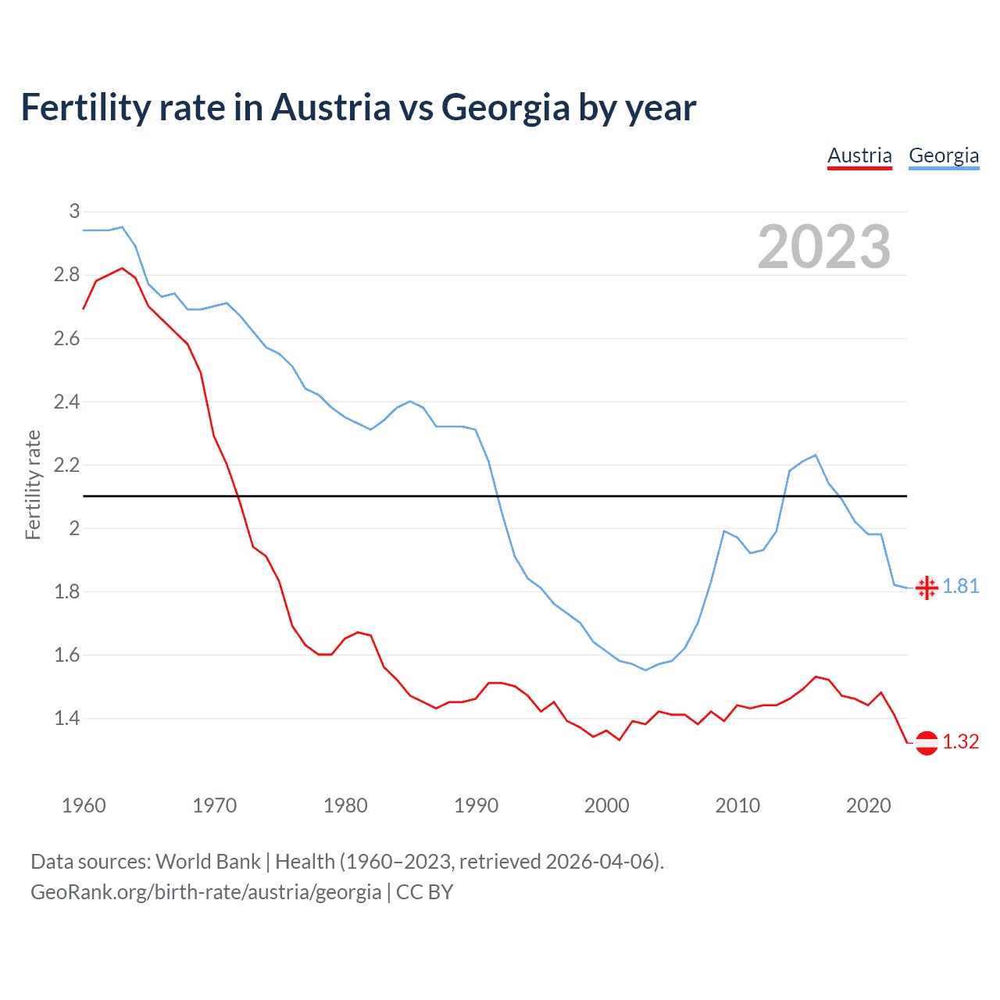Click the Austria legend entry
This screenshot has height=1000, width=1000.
coord(859,155)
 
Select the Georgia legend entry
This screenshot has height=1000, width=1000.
coord(944,155)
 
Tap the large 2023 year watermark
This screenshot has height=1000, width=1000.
coord(824,247)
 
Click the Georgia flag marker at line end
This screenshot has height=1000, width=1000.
coord(927,587)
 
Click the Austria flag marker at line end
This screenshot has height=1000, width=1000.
coord(927,742)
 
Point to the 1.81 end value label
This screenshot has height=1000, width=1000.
coord(961,587)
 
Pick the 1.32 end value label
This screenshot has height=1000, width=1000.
coord(961,742)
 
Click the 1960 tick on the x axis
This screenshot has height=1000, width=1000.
coord(84,805)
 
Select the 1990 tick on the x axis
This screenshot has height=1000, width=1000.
coord(476,805)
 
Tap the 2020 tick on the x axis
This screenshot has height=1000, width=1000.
coord(868,805)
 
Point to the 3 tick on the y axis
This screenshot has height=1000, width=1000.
coord(74,211)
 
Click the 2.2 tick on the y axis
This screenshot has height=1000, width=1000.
coord(66,465)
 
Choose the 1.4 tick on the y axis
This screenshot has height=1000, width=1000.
coord(66,718)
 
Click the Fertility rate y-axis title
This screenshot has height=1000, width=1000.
coord(33,484)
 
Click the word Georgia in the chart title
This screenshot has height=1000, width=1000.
coord(505,107)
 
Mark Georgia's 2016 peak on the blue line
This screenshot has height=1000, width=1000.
coord(816,455)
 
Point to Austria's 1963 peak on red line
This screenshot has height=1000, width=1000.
coord(122,268)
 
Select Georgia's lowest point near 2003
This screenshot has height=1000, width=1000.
coord(645,670)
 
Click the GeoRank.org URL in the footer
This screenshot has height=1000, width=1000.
coord(205,891)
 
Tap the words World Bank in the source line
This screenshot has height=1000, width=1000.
coord(208,862)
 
